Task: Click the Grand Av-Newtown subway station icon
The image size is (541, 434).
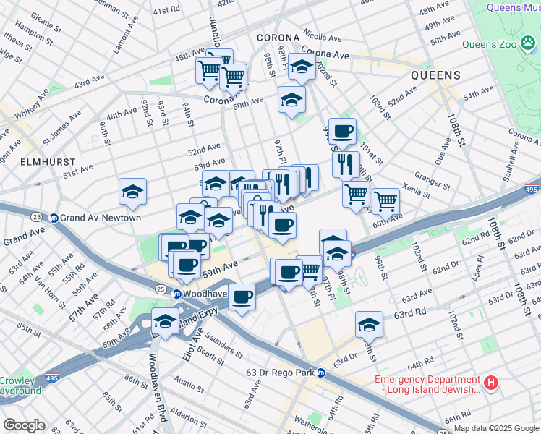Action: pos(54,218)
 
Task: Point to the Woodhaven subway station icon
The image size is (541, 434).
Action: pos(176,294)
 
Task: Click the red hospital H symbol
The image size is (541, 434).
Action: pos(491,382)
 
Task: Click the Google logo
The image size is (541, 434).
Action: pos(23,425)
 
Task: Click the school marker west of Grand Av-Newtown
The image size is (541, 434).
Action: pos(133,192)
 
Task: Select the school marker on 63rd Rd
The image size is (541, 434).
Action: pos(369,325)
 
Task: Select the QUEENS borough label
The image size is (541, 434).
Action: pos(435,75)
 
